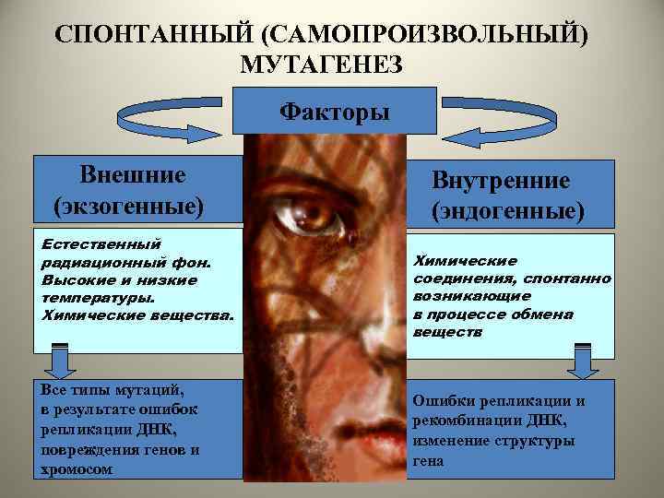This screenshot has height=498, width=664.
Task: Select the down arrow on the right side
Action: [x=583, y=361]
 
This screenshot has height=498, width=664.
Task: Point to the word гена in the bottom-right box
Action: [x=428, y=460]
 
